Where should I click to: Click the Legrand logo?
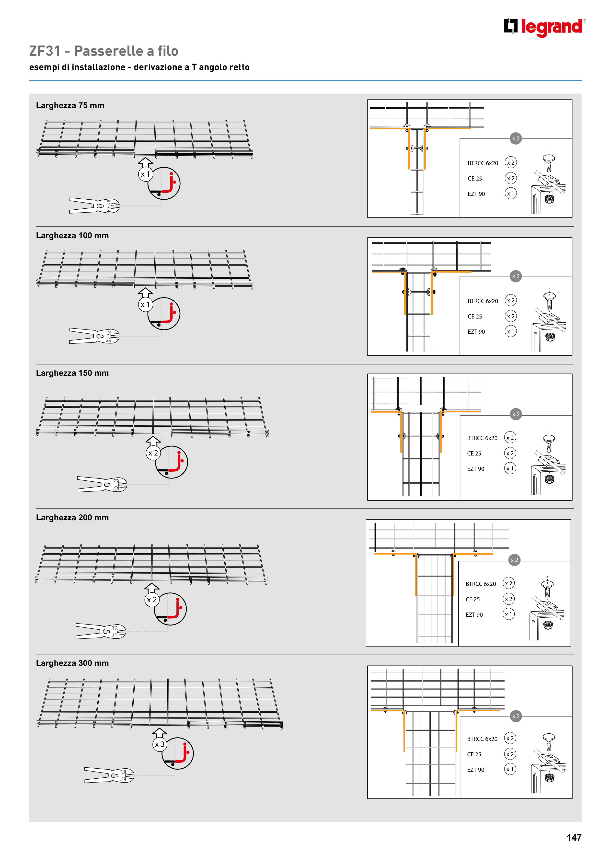(x=545, y=27)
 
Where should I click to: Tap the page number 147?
(x=574, y=837)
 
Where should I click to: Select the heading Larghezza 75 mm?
(x=70, y=105)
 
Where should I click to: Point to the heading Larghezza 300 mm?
(x=72, y=663)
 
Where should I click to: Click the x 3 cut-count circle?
(x=160, y=744)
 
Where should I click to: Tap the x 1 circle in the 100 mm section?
(x=145, y=305)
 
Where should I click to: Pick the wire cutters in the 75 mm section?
(x=94, y=205)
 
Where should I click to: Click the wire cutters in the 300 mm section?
(x=109, y=775)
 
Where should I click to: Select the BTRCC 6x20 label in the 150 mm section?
(x=482, y=438)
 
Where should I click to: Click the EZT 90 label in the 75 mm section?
(x=476, y=194)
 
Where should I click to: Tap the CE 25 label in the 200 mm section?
(x=473, y=599)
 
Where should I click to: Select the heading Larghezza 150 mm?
(x=72, y=373)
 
